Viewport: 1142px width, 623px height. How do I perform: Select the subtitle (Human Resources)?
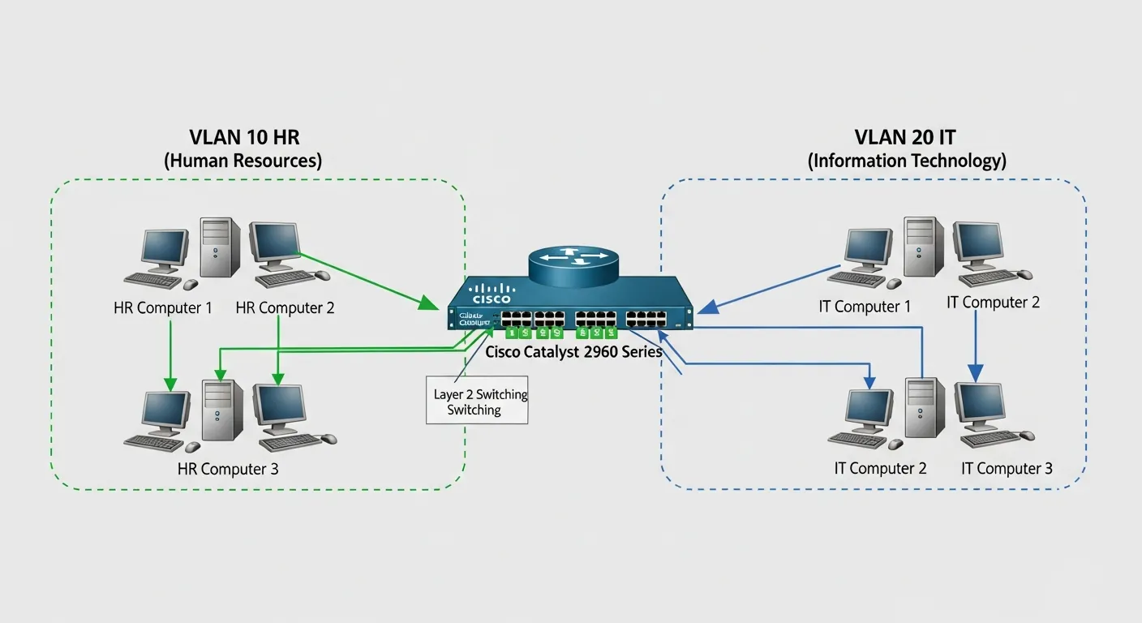point(243,161)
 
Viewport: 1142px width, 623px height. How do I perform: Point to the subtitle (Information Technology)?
point(907,161)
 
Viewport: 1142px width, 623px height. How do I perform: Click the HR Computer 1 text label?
point(163,308)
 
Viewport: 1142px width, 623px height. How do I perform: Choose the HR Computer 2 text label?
point(285,308)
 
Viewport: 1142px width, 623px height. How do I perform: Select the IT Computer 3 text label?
point(1007,468)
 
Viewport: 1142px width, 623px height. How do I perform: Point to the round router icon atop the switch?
point(572,260)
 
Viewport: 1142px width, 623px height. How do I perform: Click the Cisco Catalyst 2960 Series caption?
point(573,352)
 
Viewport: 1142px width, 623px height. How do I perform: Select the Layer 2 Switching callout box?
point(478,401)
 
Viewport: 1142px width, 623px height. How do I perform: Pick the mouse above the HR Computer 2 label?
point(322,275)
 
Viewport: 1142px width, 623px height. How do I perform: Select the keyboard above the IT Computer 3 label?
point(990,439)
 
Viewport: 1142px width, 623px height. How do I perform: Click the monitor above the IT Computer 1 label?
point(869,248)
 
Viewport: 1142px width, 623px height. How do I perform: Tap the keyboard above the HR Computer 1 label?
point(153,281)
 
